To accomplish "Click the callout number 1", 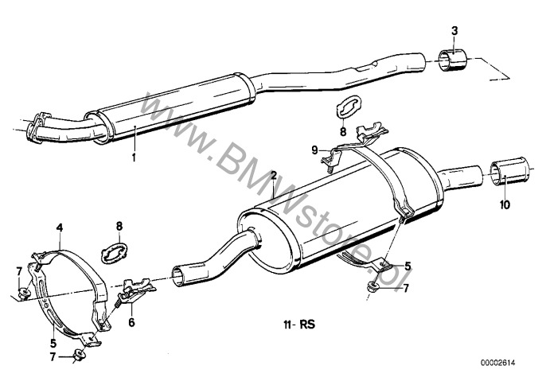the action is coord(134,157).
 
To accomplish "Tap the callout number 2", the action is coord(274,175).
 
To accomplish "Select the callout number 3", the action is coord(454,31).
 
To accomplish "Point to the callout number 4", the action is coord(60,228).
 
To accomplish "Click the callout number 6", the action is coord(131,322).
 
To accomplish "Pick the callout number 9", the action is coord(315,150).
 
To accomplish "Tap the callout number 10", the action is coord(505,204).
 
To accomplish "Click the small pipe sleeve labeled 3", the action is coord(452,60).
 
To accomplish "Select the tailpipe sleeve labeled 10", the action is coord(509,171).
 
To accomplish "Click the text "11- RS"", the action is coord(299,325).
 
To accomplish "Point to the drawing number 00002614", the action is coord(498,363).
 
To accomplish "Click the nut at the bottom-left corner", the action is coord(79,356).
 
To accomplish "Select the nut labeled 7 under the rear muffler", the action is coord(373,287).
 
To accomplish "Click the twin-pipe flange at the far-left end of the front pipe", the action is coord(36,127).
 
